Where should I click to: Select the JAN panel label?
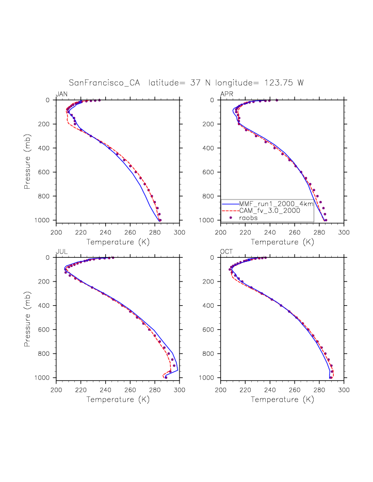[x=61, y=94]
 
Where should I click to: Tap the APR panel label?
[x=226, y=94]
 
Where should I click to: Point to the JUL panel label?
[x=61, y=252]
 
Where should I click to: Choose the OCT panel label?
[x=226, y=252]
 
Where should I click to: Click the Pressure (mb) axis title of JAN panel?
[x=27, y=160]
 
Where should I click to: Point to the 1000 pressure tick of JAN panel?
[x=46, y=220]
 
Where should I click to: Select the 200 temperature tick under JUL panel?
[x=57, y=389]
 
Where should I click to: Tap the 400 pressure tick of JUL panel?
[x=48, y=306]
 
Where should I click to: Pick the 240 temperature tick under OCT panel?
[x=270, y=389]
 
